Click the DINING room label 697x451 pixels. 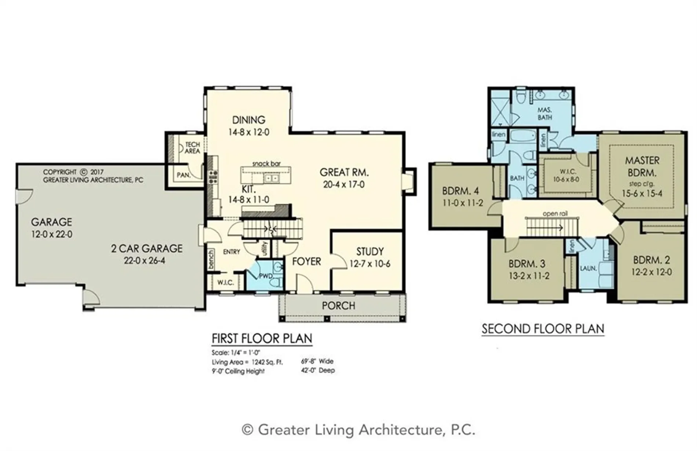point(249,120)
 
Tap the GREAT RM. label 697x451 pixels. point(344,172)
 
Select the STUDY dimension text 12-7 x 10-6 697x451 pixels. point(370,264)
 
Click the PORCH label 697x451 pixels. point(339,306)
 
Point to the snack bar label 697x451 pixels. point(266,163)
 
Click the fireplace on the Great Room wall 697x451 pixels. point(409,181)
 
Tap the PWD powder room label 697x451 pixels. point(266,276)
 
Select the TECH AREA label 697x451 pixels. point(193,148)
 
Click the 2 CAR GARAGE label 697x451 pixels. point(147,249)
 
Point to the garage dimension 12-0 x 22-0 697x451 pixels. point(52,234)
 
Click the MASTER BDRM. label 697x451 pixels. point(642,166)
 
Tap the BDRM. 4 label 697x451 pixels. point(460,191)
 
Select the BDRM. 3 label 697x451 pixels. point(527,264)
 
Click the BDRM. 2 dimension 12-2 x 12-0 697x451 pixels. point(652,272)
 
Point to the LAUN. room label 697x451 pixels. point(588,268)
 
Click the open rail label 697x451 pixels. point(555,213)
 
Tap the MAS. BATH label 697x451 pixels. point(545,113)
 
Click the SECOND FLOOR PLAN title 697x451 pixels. point(543,329)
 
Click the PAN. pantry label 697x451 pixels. point(183,175)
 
